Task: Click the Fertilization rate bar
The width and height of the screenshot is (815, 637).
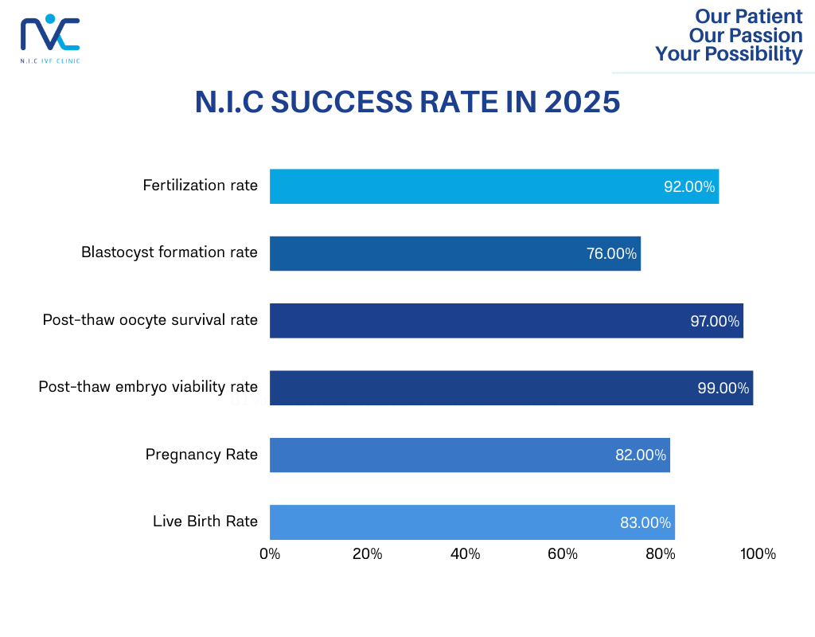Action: pos(493,186)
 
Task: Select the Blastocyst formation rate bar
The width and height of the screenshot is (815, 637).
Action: pos(454,253)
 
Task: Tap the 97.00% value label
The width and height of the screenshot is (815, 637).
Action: pos(714,322)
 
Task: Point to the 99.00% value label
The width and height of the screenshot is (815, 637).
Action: pos(723,389)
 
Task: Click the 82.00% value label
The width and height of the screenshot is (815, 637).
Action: pos(640,455)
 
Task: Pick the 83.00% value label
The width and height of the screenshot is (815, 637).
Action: pos(645,523)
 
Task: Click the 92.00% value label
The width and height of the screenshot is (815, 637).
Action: pos(689,187)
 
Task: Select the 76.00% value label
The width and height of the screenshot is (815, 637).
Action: pos(611,254)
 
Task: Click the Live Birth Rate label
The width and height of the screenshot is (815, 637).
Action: pos(205,522)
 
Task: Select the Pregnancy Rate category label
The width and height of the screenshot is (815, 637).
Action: pos(201,455)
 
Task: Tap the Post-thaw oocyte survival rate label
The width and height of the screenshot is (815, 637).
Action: pos(150,320)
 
